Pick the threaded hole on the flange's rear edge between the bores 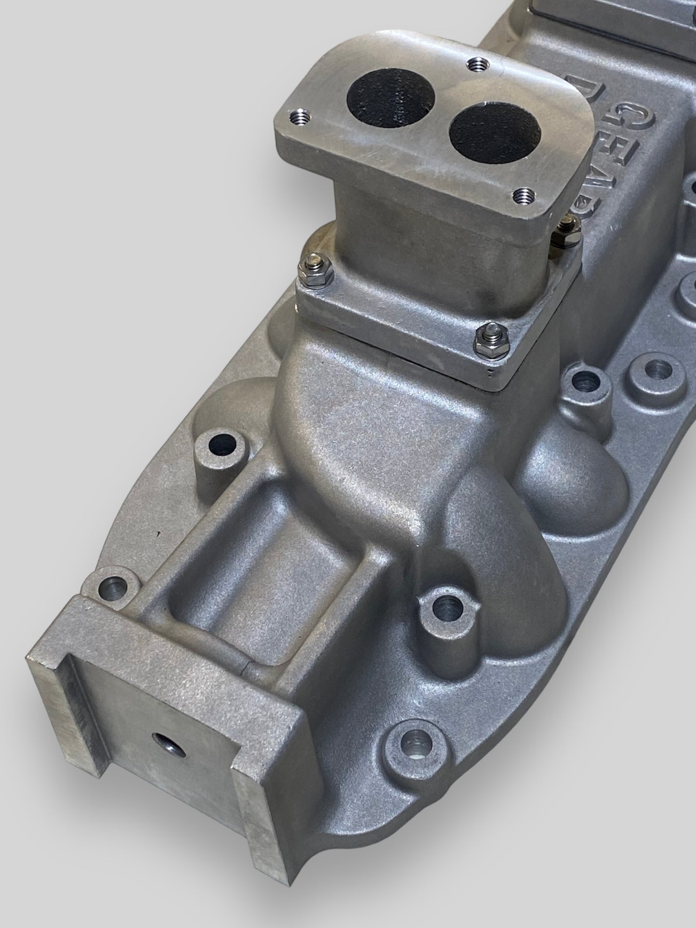click(x=477, y=62)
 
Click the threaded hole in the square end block click(x=163, y=751)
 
